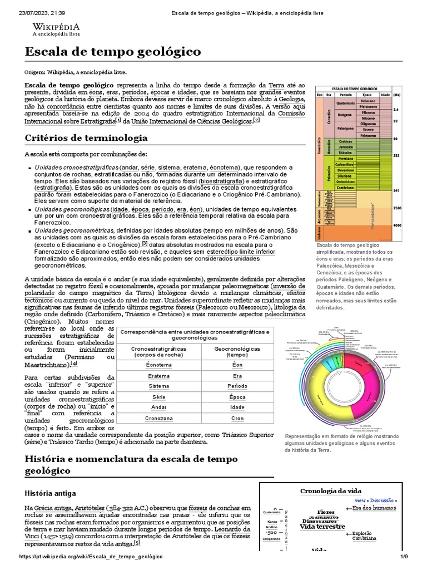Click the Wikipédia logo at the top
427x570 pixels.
coord(56,30)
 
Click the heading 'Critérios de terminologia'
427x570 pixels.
coord(86,137)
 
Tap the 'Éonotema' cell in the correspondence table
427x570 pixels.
coord(158,365)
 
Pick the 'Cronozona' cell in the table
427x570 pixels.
coord(158,418)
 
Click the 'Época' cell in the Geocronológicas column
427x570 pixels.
coord(237,397)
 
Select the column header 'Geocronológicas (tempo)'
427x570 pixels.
coord(237,351)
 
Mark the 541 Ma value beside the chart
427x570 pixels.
coord(396,191)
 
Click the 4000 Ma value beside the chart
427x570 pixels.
coord(396,225)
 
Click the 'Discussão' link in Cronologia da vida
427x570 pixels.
coord(381,500)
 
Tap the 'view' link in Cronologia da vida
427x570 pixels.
coord(360,500)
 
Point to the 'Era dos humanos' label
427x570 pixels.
coord(374,508)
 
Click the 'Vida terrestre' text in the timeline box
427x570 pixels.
coord(322,527)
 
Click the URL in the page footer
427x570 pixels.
coord(91,557)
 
